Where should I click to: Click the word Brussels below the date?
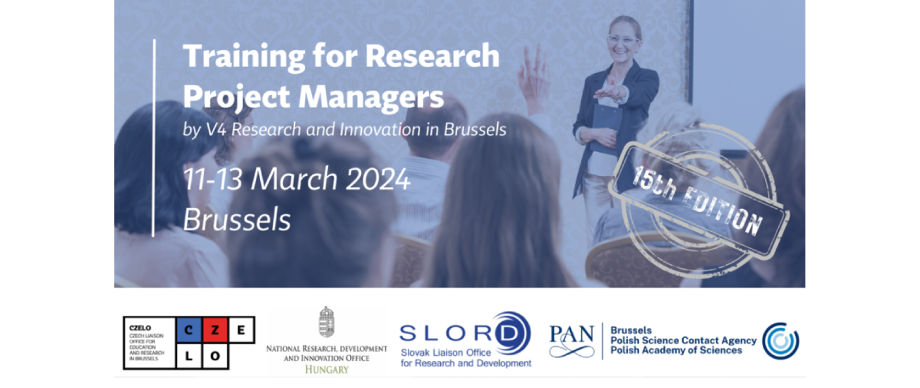coord(237,219)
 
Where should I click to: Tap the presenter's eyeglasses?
coord(623,39)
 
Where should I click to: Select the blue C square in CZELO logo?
coord(189,330)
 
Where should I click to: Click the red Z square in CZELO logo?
coord(215,330)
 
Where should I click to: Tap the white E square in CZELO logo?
coord(241,330)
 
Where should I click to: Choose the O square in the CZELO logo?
coord(215,356)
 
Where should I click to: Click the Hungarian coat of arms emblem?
coord(327,322)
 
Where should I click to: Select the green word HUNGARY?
coord(327,369)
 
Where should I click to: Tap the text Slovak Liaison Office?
coord(446,353)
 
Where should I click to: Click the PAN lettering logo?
coord(572,341)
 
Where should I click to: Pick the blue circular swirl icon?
coord(781,341)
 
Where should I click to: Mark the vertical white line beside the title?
coord(154,138)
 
